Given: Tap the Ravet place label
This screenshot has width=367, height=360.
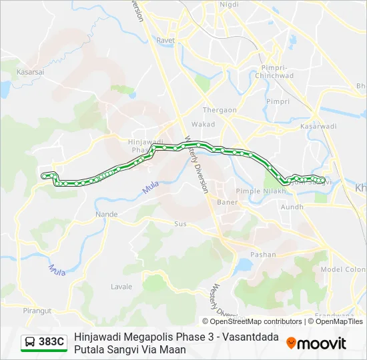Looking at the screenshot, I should click(x=165, y=40).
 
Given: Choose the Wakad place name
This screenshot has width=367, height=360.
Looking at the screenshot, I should click(x=204, y=125).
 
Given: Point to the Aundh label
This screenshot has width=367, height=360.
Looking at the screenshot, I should click(x=293, y=207).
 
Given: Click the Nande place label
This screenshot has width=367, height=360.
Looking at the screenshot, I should click(x=107, y=215).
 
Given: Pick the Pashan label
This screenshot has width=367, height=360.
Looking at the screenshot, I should click(x=263, y=255).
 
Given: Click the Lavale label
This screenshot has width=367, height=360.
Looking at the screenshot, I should click(x=121, y=287).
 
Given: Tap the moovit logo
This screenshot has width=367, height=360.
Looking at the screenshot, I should click(x=316, y=343).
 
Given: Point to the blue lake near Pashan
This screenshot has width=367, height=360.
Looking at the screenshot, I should click(x=243, y=265).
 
